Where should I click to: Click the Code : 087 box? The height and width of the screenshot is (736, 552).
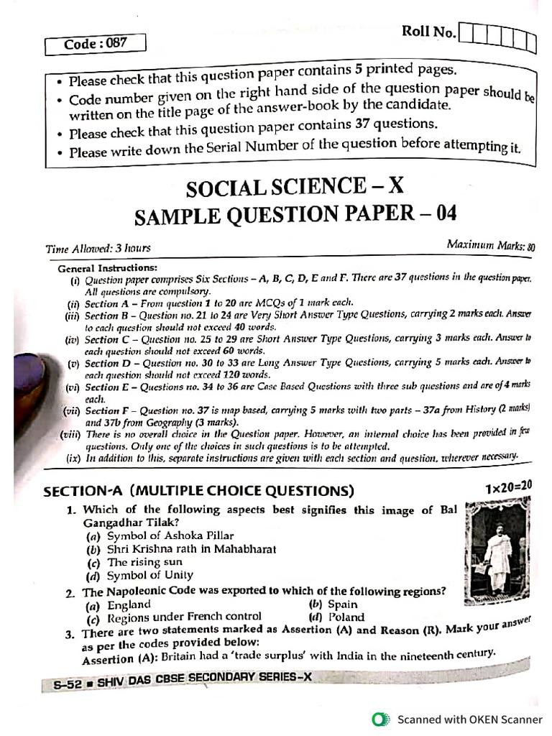tap(95, 44)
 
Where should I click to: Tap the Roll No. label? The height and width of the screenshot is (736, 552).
tap(428, 32)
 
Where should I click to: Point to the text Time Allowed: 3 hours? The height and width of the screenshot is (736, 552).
tap(98, 249)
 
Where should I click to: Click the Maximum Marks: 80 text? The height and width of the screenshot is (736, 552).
tap(491, 245)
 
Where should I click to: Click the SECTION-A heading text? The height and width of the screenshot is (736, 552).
tap(198, 492)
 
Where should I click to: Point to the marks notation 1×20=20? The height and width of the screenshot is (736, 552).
tap(508, 487)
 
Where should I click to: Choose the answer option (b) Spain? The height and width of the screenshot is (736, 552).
tap(333, 604)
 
